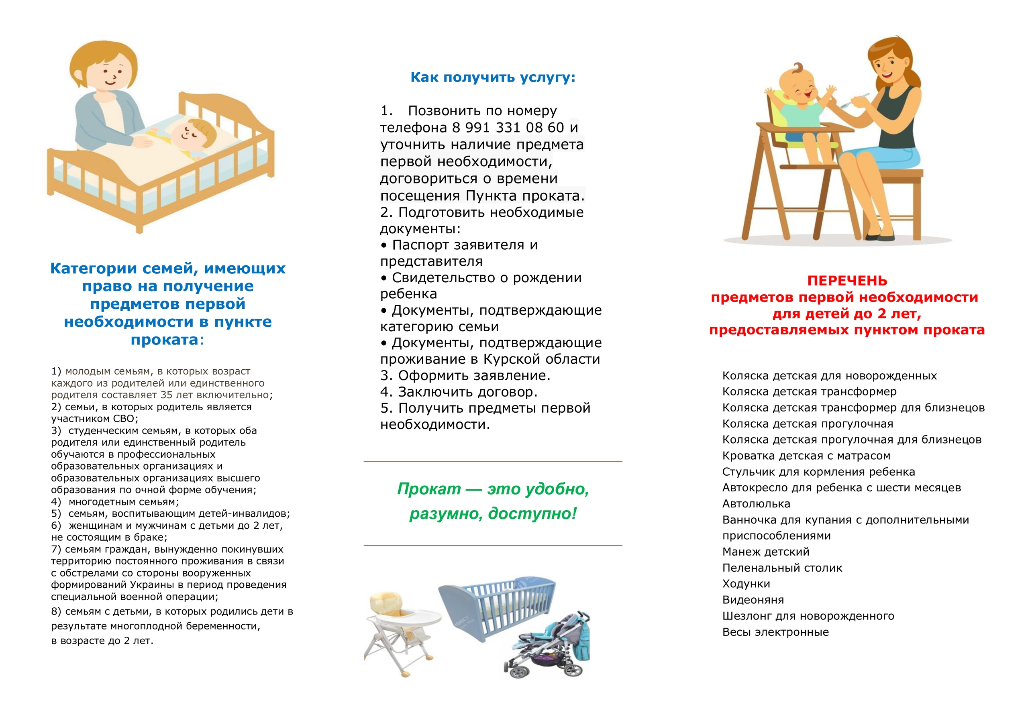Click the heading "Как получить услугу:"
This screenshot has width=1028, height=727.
tap(492, 77)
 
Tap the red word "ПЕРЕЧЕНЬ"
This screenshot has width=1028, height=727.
tap(846, 281)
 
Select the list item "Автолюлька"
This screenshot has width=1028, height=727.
tap(756, 504)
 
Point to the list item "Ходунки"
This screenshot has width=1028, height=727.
tap(746, 584)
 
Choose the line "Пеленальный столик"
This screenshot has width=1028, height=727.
tap(782, 568)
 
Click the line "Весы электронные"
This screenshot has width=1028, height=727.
tap(775, 632)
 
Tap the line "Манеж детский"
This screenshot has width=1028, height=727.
tap(766, 552)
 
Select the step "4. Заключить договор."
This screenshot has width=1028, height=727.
tap(459, 392)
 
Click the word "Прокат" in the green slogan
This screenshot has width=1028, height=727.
tap(428, 489)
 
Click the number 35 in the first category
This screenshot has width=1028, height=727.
tap(166, 395)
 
